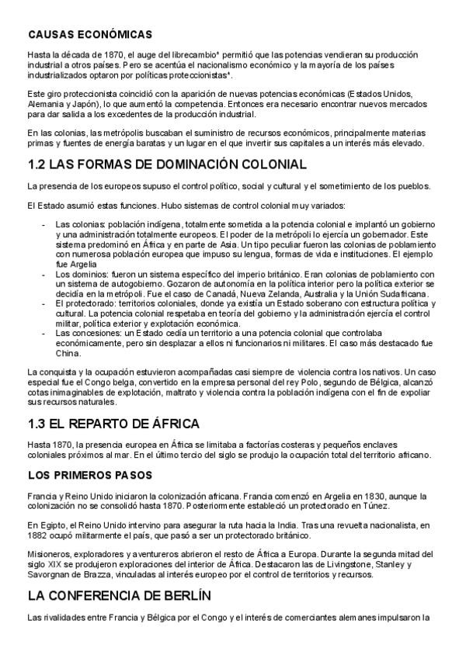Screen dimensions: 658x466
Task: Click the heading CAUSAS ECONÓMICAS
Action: [89, 35]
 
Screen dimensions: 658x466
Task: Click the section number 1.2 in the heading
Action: [40, 164]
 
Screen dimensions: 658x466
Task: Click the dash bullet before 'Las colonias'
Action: [43, 224]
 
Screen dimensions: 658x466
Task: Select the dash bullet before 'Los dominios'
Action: [43, 275]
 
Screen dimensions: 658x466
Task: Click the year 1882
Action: [38, 535]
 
